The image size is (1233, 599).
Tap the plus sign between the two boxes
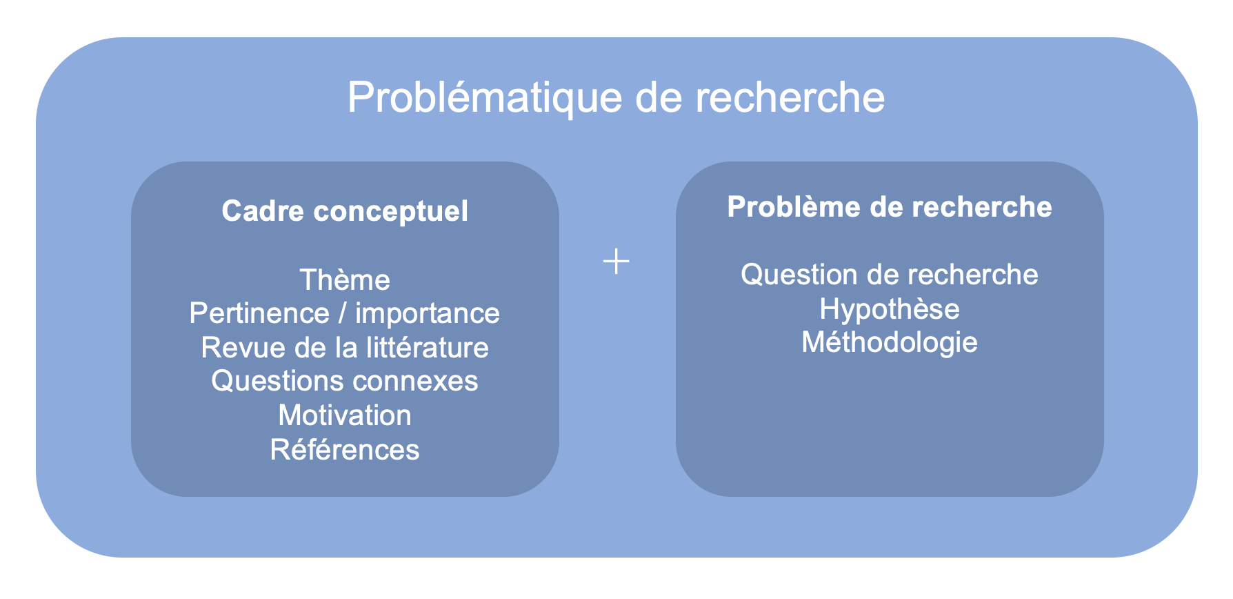coord(616,262)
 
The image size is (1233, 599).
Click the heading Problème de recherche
coord(890,207)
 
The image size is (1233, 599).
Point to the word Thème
coord(345,280)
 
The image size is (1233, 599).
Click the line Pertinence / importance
coord(345,314)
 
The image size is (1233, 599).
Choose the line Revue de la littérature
coord(345,348)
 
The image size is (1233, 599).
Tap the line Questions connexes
coord(345,382)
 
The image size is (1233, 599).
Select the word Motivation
coord(345,415)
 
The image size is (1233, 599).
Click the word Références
coord(345,450)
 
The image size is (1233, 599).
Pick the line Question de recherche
coord(890,275)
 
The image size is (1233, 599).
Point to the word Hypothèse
coord(890,309)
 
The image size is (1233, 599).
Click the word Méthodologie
coord(890,343)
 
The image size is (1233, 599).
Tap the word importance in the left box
coord(428,314)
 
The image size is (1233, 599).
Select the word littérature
coord(428,348)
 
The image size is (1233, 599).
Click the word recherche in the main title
coord(790,98)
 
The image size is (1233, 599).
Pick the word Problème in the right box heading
coord(790,207)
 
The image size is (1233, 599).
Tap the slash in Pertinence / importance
coord(342,314)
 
